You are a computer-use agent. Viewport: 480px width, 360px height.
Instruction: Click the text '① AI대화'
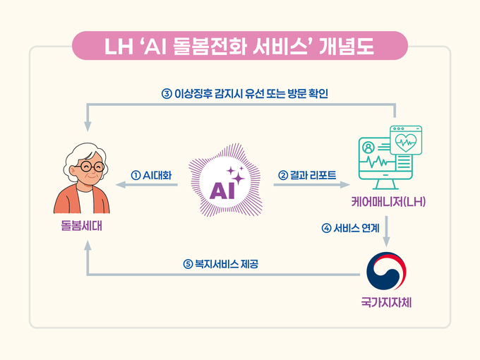click(x=152, y=174)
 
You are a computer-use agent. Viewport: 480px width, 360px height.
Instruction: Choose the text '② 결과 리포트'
click(x=308, y=174)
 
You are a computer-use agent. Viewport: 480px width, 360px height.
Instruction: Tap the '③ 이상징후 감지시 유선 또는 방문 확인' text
click(x=245, y=93)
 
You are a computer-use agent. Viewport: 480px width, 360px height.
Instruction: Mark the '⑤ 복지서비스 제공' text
click(x=224, y=265)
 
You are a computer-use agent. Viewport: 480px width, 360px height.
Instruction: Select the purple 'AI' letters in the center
click(x=224, y=188)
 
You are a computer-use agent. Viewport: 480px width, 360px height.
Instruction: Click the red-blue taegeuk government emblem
click(x=387, y=272)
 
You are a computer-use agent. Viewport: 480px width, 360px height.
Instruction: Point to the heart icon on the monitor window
click(x=408, y=138)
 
